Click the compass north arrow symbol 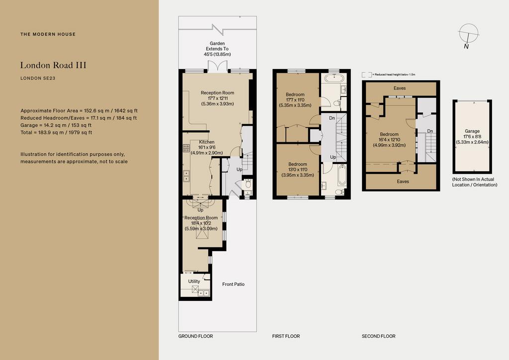468,35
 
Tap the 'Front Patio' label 233,284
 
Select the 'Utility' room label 194,281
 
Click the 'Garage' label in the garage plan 472,131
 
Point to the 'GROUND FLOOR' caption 195,336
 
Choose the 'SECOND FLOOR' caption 378,336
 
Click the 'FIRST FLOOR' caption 286,336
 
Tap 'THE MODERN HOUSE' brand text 48,34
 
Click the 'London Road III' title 53,65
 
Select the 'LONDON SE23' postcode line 38,78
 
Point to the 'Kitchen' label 206,142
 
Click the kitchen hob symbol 186,148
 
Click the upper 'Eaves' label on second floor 400,88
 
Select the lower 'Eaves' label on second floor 403,181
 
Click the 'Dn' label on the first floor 332,118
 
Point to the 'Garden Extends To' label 217,46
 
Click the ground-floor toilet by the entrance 248,184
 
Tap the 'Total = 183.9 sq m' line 56,132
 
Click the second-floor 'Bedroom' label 389,134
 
